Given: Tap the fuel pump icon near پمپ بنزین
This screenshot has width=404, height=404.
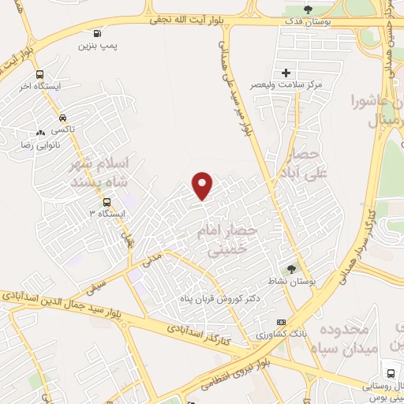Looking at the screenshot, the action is point(96,34).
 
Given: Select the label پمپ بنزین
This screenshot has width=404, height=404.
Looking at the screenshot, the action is point(96,47).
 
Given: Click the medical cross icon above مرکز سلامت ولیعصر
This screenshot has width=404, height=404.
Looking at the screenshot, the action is point(286,73).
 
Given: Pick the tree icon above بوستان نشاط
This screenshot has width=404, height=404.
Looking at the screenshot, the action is point(291,270).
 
